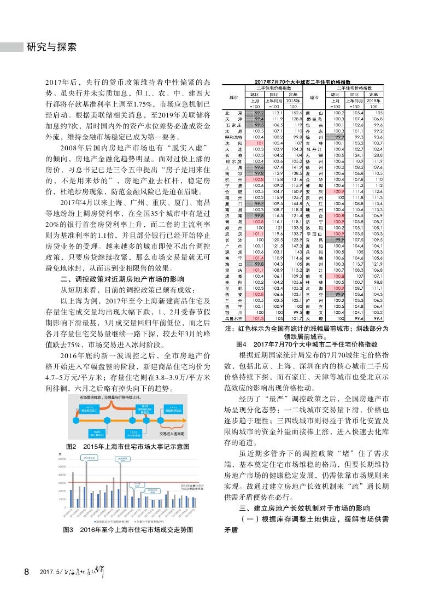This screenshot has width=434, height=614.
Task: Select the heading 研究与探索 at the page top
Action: pyautogui.click(x=52, y=47)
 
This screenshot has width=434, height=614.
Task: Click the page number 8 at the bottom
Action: pyautogui.click(x=26, y=572)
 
